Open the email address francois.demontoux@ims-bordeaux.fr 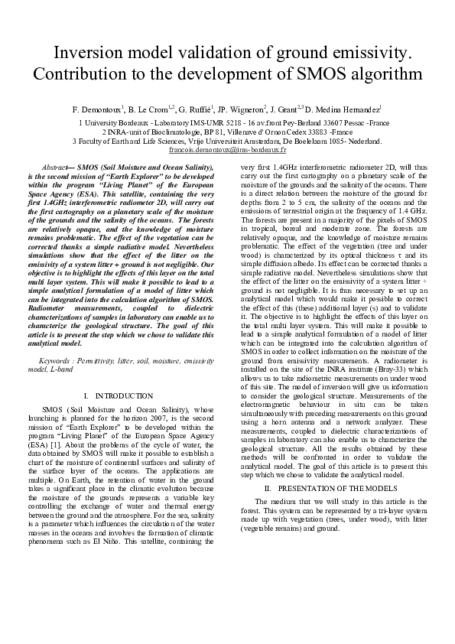tap(227, 151)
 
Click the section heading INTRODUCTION tap(123, 396)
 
